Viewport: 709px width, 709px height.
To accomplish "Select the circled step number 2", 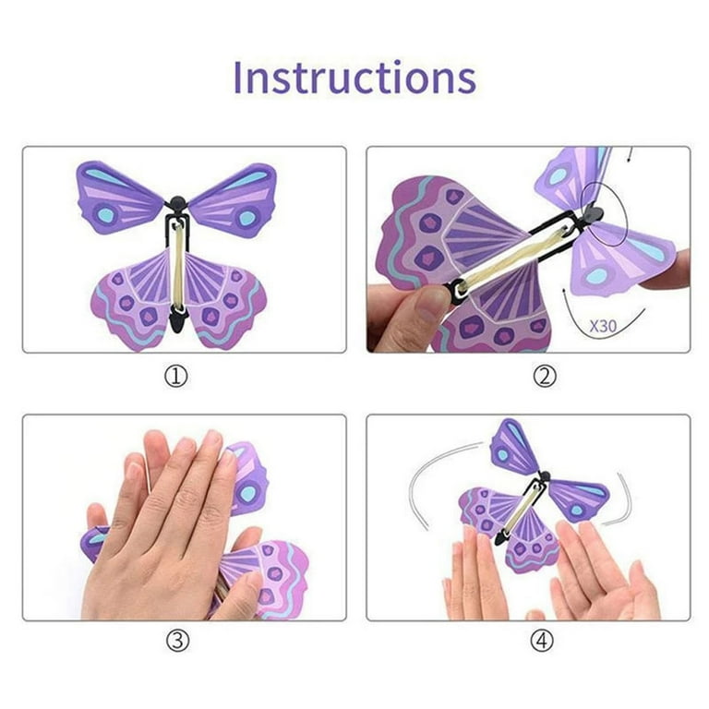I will click(x=546, y=376).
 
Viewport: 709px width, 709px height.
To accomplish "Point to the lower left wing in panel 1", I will click(x=129, y=295).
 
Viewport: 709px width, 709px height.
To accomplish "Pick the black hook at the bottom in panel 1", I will click(x=178, y=319).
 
